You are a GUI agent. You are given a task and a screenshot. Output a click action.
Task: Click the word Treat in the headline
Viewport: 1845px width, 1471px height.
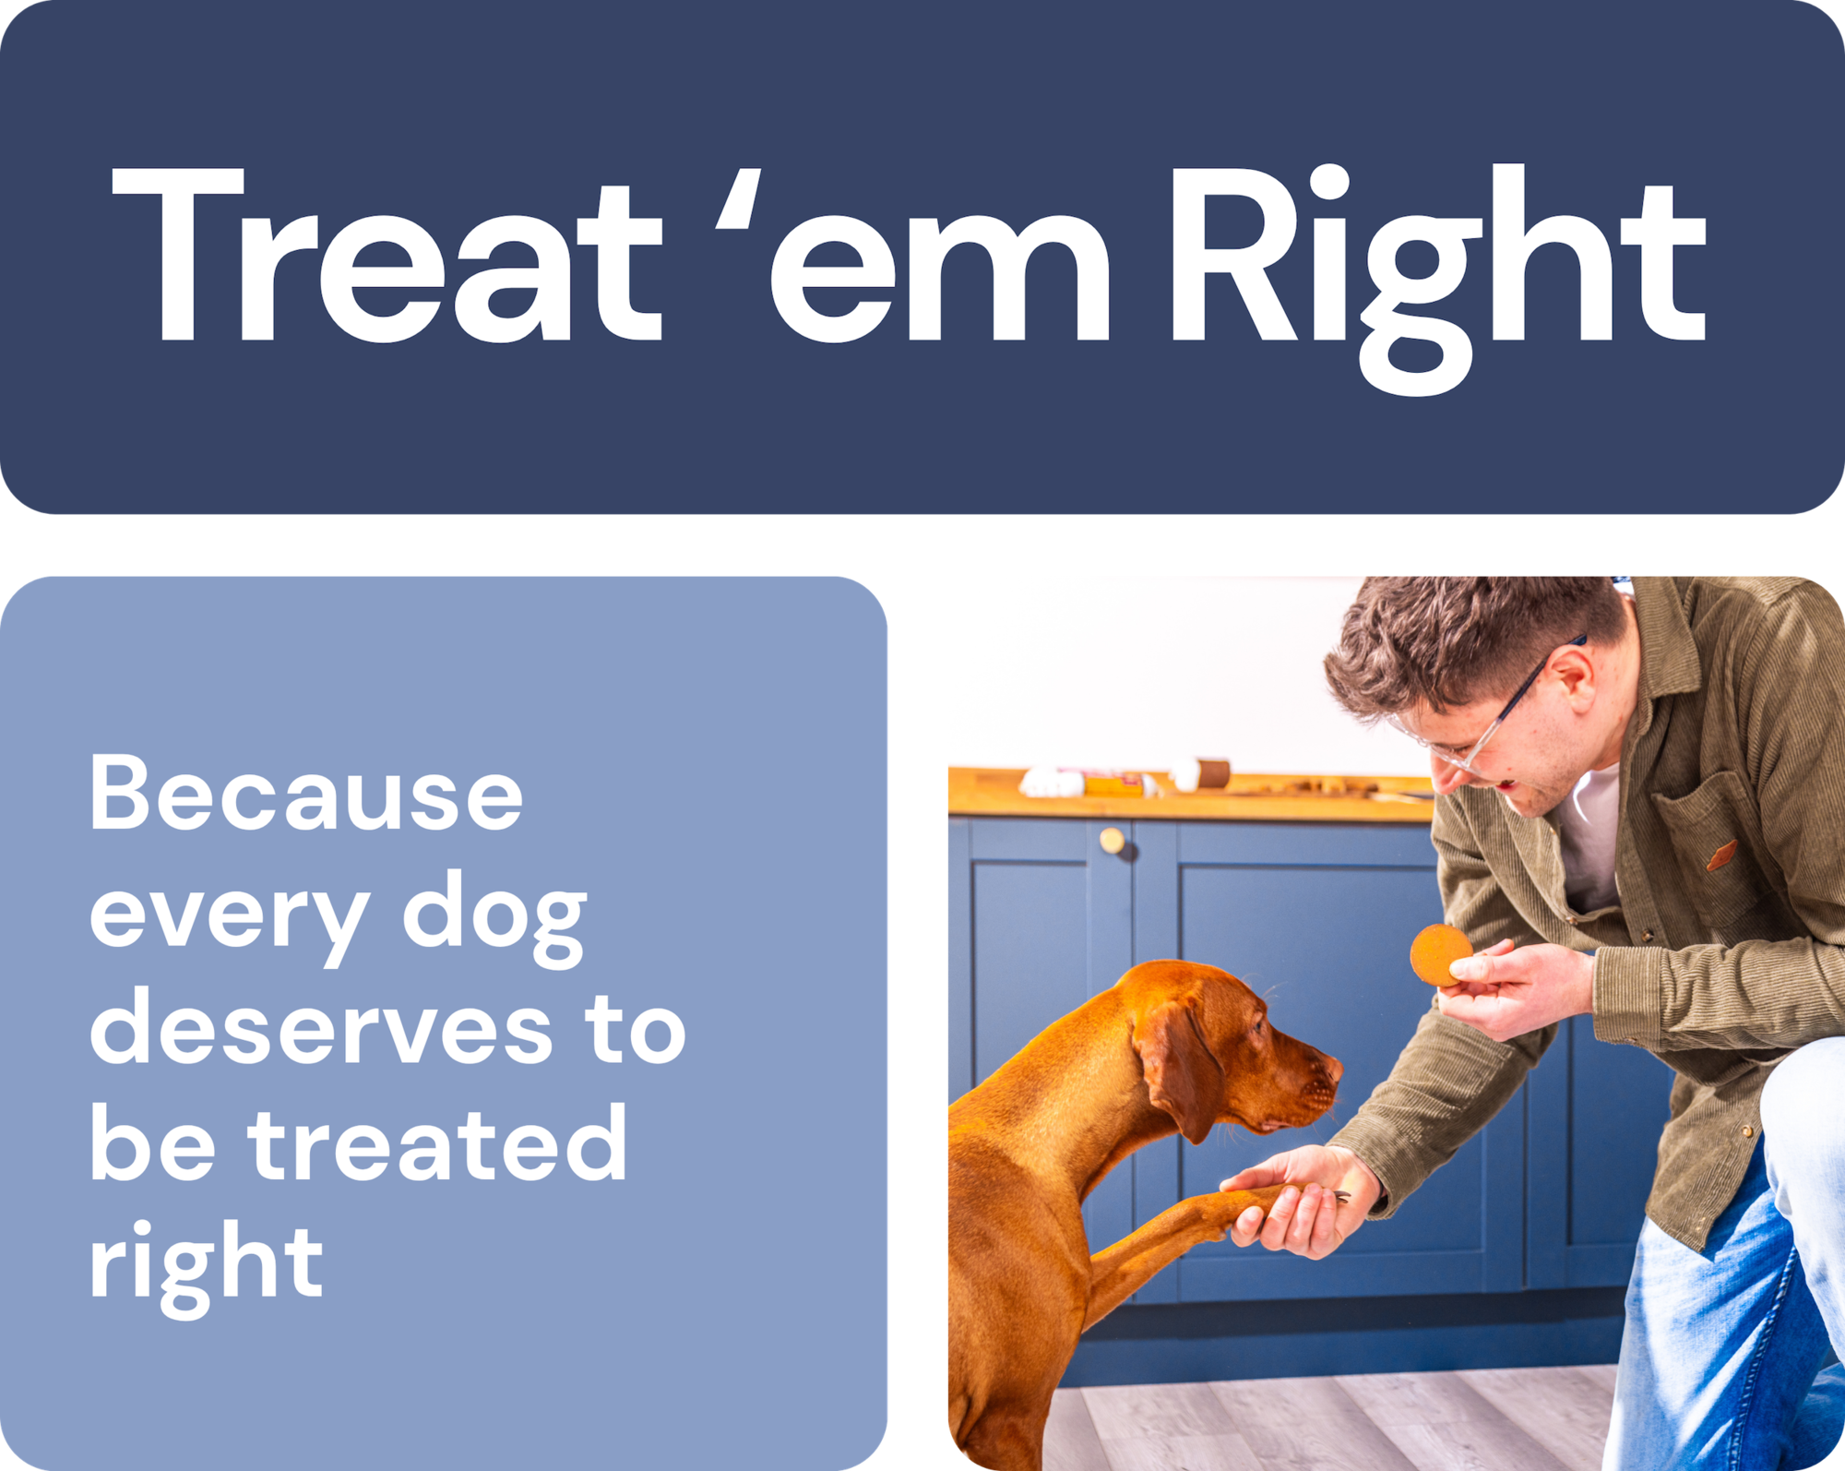pyautogui.click(x=387, y=255)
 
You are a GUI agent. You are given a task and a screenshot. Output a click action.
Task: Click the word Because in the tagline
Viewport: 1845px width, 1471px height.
pyautogui.click(x=306, y=793)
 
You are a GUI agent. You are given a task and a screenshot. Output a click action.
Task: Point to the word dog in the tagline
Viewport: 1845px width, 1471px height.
pyautogui.click(x=494, y=917)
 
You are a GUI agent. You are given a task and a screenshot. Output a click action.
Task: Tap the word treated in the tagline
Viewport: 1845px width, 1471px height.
pyautogui.click(x=438, y=1143)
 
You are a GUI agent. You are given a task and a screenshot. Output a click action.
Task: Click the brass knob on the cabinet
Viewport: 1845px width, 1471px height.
pyautogui.click(x=1113, y=841)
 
